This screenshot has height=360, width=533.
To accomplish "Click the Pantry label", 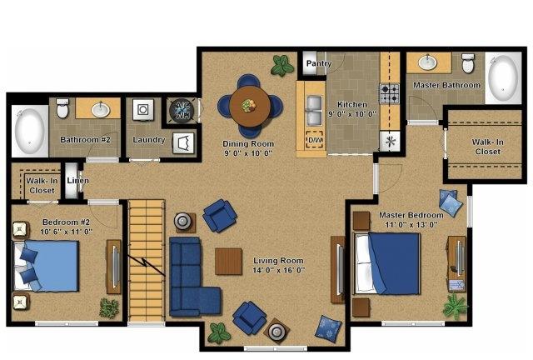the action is pos(318,63).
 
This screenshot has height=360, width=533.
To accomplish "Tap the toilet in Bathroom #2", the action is pos(62,107).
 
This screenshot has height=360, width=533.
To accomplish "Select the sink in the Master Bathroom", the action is pos(427,62).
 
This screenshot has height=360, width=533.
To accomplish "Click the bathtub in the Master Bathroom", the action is pos(503,78).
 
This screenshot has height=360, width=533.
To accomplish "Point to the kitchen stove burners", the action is pos(390,93).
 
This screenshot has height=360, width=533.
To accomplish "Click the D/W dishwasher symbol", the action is pos(315,139).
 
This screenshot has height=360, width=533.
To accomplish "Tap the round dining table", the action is pos(250,106).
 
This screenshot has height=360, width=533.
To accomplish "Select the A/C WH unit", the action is pos(182,110).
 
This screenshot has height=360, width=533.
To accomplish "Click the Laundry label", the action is pos(149,139).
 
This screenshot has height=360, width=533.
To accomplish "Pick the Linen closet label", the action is pos(77,180).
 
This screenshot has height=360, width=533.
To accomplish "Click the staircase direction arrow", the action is pos(147,264).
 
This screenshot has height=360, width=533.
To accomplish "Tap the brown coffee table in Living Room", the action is pos(228,261).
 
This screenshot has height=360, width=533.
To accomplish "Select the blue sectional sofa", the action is pos(192,277).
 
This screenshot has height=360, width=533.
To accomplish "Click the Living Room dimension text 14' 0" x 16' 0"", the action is pos(279,270).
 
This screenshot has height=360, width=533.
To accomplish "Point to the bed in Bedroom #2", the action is pos(47,266).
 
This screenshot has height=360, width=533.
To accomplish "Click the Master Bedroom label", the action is pos(411,215).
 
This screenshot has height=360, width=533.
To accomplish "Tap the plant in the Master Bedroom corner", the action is pos(455,306).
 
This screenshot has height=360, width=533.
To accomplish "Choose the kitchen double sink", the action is pos(315,110).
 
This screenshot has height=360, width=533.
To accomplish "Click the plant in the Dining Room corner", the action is pos(281,65).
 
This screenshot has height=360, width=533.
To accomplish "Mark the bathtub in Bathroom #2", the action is pos(30,131).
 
